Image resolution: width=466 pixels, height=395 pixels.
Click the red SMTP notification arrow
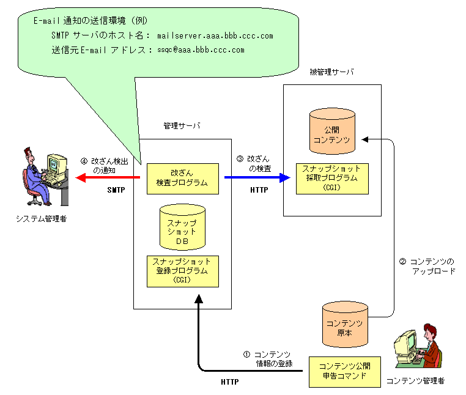coord(107,178)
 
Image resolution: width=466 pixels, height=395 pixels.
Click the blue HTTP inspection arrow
coord(257,178)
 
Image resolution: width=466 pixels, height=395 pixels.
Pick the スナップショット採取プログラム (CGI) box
coord(332,178)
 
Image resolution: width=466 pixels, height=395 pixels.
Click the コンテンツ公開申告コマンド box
coord(344,371)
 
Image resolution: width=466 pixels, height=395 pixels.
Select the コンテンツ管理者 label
coord(416,381)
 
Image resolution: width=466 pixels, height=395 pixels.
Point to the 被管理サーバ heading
coord(332,72)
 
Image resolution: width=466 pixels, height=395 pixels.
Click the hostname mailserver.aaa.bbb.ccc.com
coord(215,36)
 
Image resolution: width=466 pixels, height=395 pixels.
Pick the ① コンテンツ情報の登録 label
coord(269,359)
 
